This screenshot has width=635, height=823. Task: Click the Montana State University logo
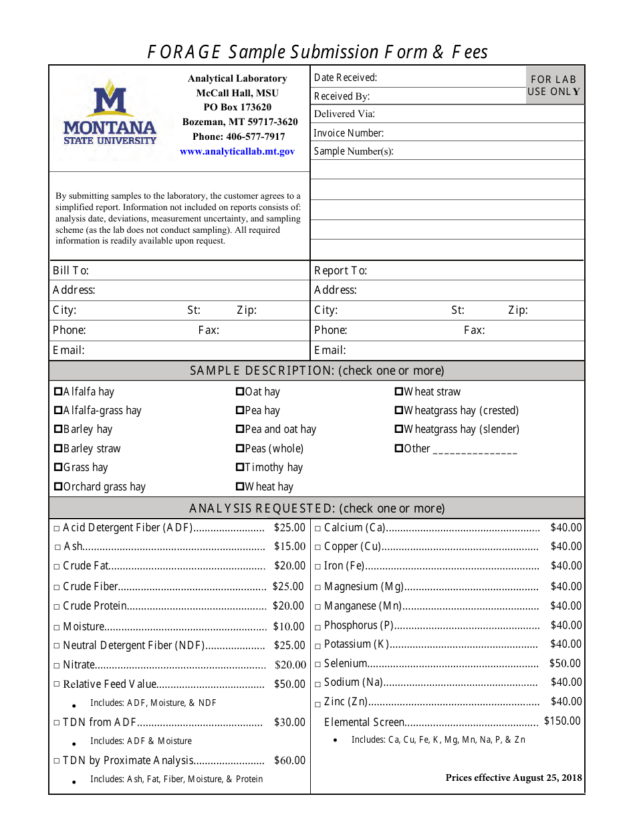[110, 112]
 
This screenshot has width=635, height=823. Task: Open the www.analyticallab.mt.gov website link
[237, 152]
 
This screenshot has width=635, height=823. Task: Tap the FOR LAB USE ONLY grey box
[555, 85]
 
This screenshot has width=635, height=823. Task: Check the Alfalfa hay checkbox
[58, 391]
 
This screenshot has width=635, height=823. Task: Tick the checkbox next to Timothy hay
[240, 467]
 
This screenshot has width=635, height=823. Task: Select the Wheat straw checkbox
[399, 391]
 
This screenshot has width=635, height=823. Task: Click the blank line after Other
[475, 450]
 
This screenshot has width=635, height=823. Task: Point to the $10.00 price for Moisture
[289, 626]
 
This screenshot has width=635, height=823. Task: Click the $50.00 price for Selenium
[565, 663]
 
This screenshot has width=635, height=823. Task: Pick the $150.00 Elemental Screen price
[562, 721]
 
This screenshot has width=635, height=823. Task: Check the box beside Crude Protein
[57, 607]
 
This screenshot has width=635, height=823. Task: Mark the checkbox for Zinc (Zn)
[318, 703]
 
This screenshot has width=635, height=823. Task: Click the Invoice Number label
[348, 133]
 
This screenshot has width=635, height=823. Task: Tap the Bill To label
[71, 270]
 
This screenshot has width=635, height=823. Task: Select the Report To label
[340, 270]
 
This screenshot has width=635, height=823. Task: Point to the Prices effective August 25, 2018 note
[513, 778]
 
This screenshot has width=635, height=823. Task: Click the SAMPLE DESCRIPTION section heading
[317, 371]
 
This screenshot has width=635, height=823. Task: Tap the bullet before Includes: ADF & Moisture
[74, 742]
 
